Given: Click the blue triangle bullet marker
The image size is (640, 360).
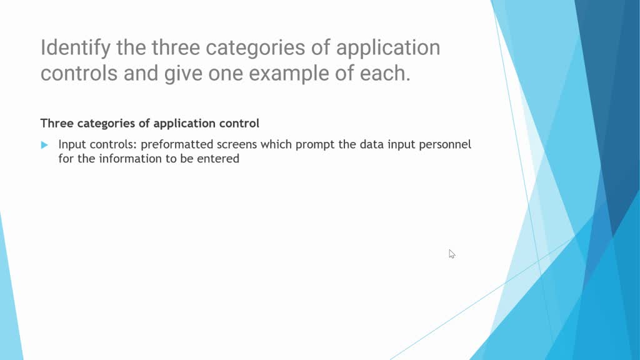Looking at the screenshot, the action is pos(44,145).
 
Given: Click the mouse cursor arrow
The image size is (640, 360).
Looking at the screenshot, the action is pos(452,254).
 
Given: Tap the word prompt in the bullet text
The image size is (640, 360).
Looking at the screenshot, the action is pos(314,145).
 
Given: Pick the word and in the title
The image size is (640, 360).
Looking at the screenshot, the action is pos(141,73).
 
